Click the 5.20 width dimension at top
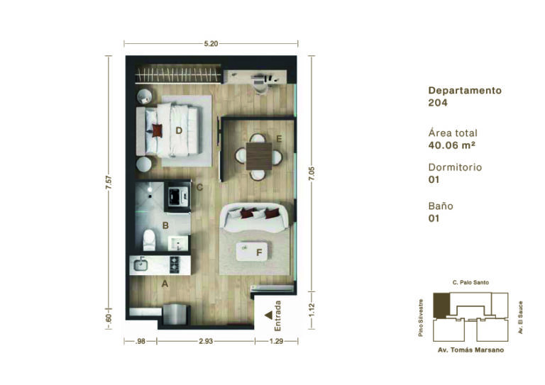coord(211,44)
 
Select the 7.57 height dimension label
coord(109,183)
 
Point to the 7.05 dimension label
coord(312,174)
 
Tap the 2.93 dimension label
coord(206,341)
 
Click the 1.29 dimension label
coord(276,341)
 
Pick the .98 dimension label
coord(140,341)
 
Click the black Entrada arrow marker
coord(269,316)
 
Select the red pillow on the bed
coord(157,130)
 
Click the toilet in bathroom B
coord(150,240)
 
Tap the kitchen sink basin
coord(141,265)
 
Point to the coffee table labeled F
coord(252,252)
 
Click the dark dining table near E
coord(259,156)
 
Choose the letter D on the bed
coord(179,130)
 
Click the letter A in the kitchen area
coord(165,284)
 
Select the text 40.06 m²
coord(451,145)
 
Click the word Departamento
coord(465,91)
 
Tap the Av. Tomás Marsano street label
coord(470,350)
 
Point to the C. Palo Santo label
coord(470,283)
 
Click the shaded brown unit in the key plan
coord(441,305)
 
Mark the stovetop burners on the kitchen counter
coord(174,264)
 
